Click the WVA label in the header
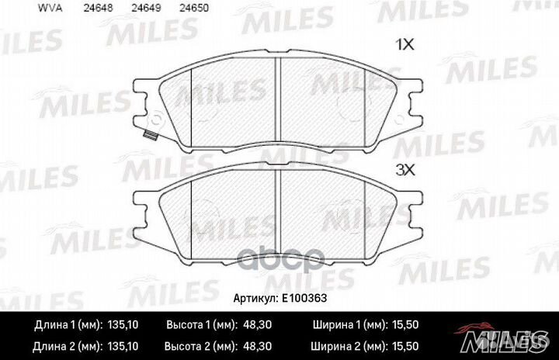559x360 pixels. pyautogui.click(x=26, y=10)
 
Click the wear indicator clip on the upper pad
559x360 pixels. pyautogui.click(x=149, y=137)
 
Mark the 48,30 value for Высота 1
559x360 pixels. pyautogui.click(x=257, y=325)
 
